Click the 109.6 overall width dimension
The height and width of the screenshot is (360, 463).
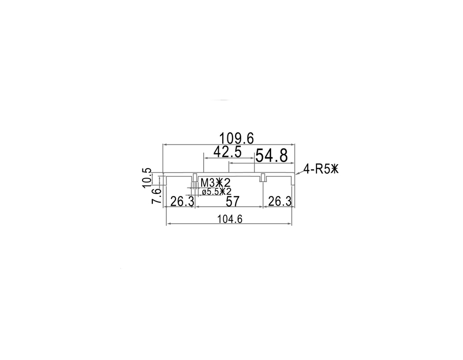pyautogui.click(x=236, y=138)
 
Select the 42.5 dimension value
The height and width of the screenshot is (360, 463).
pyautogui.click(x=227, y=152)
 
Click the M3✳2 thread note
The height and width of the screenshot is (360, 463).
pyautogui.click(x=215, y=183)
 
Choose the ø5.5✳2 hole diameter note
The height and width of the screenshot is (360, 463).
pyautogui.click(x=217, y=192)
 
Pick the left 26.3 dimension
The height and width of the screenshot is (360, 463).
pyautogui.click(x=182, y=202)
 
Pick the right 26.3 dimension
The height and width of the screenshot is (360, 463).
pyautogui.click(x=280, y=202)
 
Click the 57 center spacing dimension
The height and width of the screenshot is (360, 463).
pyautogui.click(x=233, y=202)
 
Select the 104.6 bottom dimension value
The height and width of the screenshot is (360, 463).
pyautogui.click(x=230, y=219)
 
